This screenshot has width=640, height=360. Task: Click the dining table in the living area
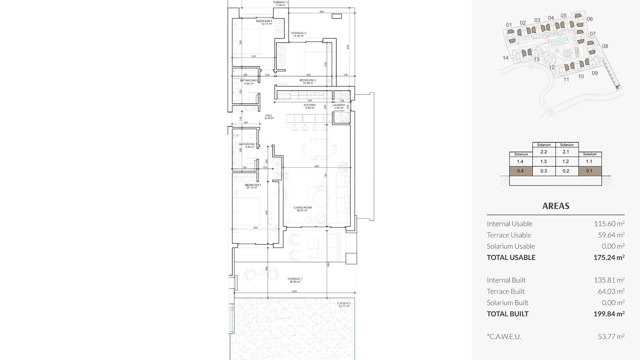(x=319, y=149)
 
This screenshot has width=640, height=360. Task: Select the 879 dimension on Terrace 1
(x=294, y=292)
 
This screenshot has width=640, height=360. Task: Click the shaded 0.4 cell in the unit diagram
(x=520, y=171)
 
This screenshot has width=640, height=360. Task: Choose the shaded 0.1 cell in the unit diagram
(x=589, y=171)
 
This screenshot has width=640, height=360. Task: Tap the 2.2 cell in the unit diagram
(x=544, y=152)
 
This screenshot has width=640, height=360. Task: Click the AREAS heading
(x=556, y=206)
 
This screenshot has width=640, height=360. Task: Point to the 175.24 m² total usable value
(x=609, y=257)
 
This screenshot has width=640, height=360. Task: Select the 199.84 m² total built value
(x=609, y=314)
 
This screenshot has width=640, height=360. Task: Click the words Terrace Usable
(x=509, y=235)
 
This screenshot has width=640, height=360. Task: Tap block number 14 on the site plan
(x=505, y=58)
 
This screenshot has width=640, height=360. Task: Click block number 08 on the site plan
(x=605, y=46)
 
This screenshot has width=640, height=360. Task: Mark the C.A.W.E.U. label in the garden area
(x=344, y=303)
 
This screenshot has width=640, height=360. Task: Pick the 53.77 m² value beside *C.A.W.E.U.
(x=611, y=336)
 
